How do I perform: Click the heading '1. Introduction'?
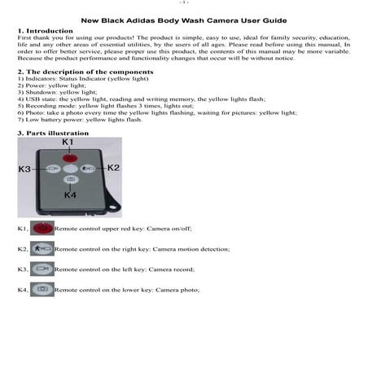click(x=40, y=30)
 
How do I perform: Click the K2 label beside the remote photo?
click(x=112, y=168)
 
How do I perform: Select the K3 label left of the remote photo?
click(x=26, y=169)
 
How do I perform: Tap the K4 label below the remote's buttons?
click(x=70, y=195)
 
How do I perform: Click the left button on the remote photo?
click(x=53, y=169)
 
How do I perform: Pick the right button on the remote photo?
click(x=88, y=169)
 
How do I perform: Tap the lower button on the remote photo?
click(x=70, y=179)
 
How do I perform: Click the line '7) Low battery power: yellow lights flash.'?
click(x=79, y=119)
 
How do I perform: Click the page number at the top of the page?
click(x=184, y=3)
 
